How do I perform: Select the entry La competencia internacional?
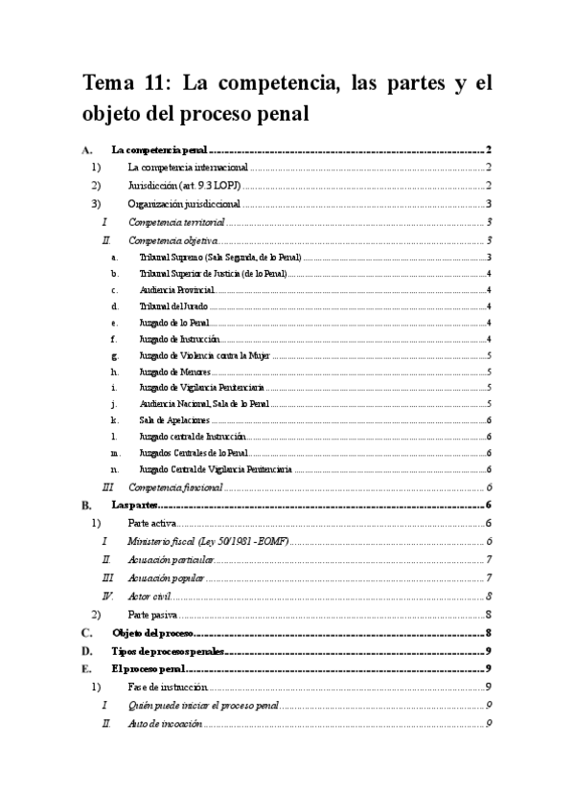click(x=187, y=168)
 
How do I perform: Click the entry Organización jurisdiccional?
click(x=183, y=203)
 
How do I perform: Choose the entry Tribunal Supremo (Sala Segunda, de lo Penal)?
click(x=219, y=258)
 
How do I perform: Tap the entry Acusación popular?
click(x=166, y=577)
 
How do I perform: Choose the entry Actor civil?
click(x=149, y=596)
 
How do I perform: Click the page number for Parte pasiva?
click(x=489, y=614)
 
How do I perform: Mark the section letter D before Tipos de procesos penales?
click(x=87, y=651)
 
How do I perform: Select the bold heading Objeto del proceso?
click(x=153, y=633)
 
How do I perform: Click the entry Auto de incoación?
click(x=165, y=724)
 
